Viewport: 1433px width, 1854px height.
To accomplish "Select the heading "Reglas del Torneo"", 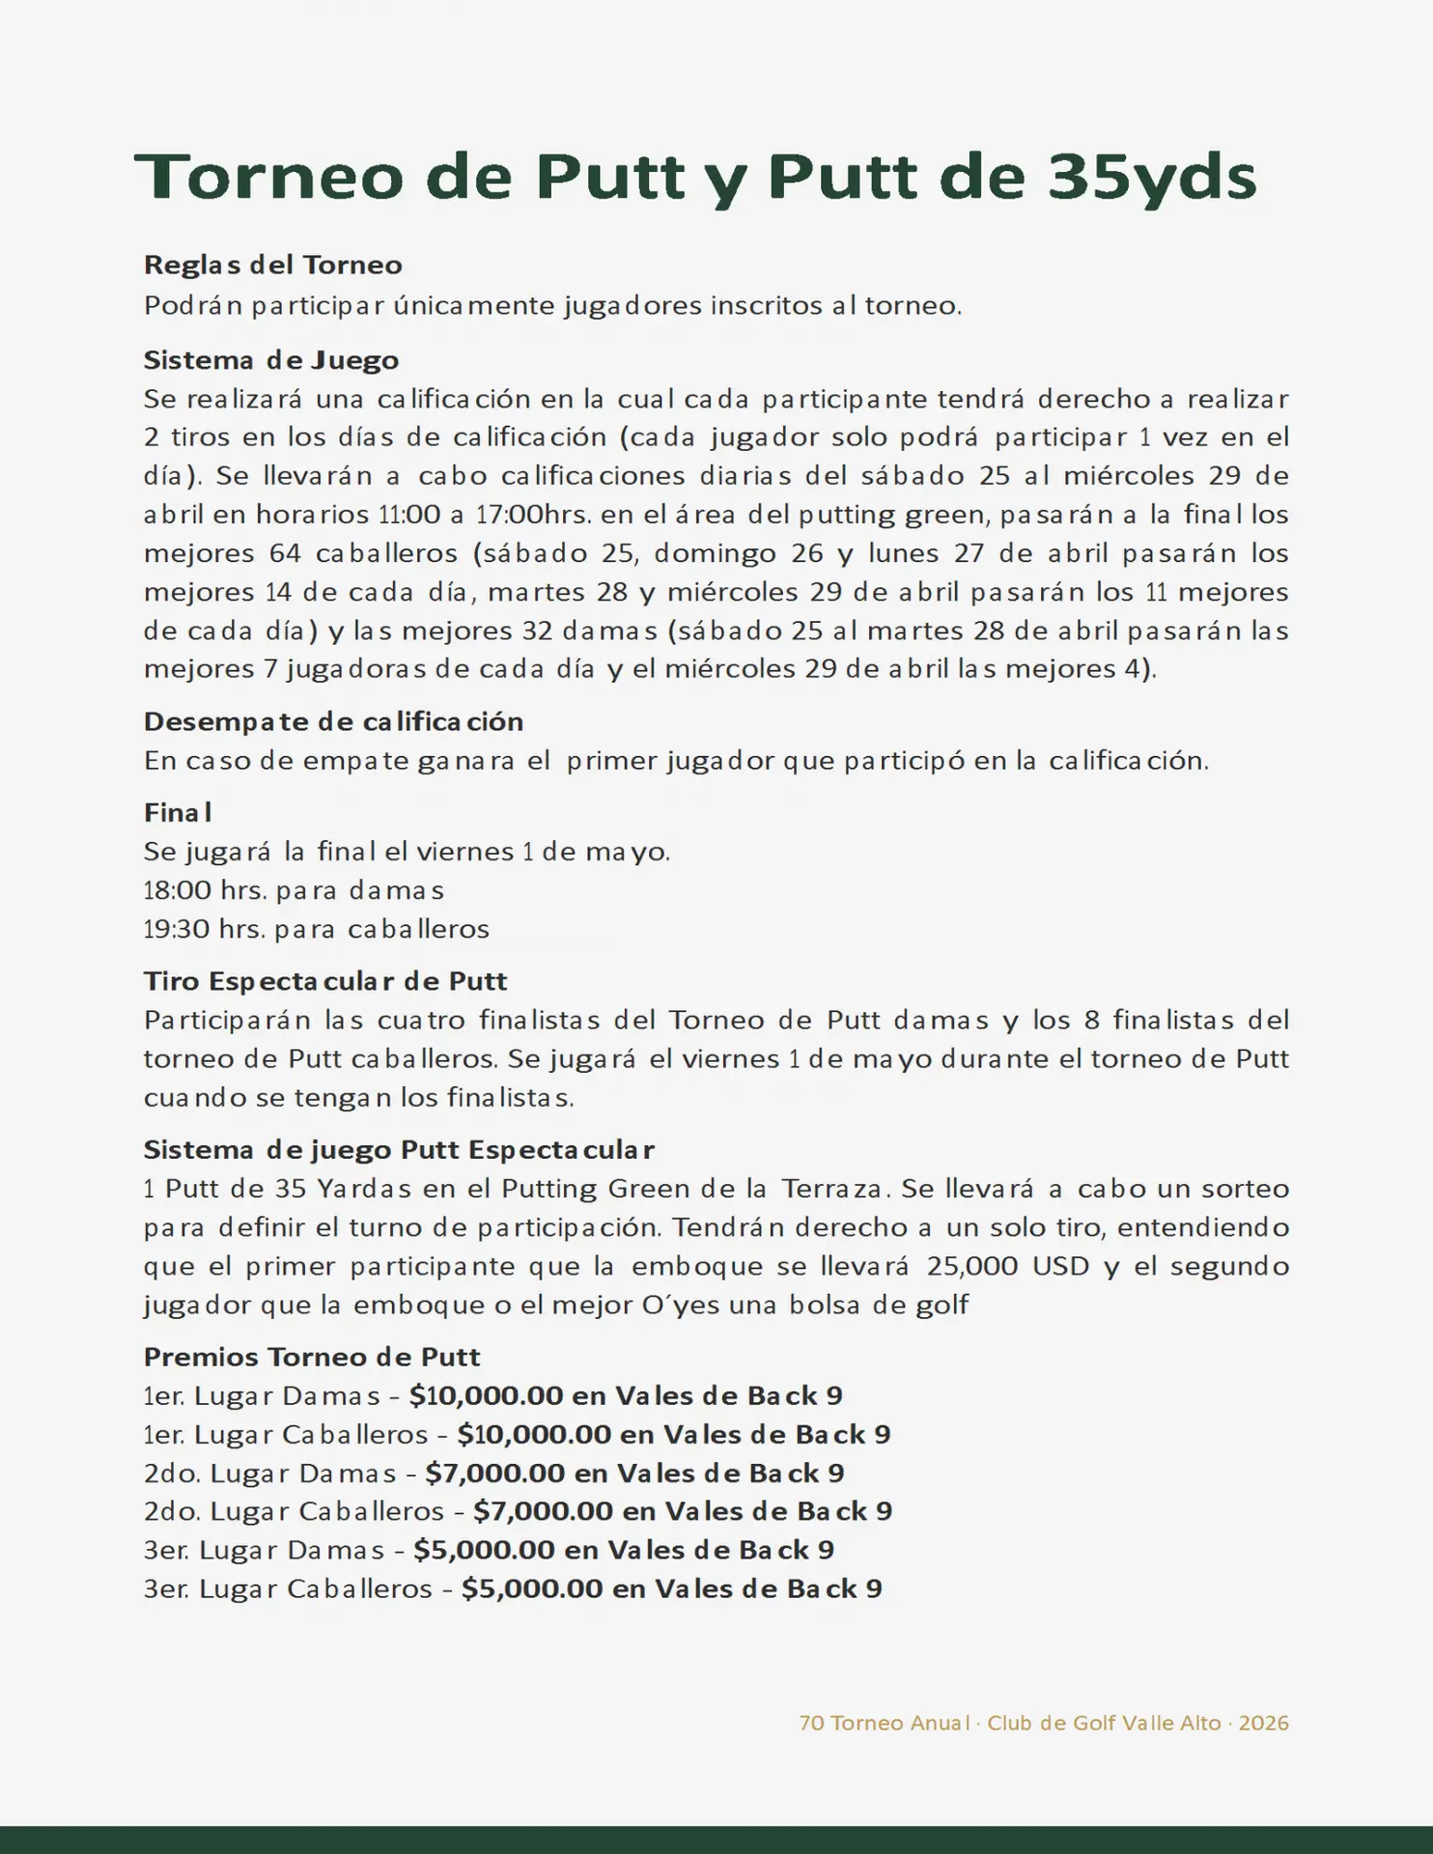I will coord(273,265).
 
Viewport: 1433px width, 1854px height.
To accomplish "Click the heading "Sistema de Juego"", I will coord(271,360).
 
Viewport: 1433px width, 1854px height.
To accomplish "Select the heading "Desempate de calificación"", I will coord(333,721).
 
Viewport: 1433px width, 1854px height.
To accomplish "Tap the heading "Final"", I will coord(178,812).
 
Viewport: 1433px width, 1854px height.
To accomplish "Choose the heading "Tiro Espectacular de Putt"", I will coord(325,981).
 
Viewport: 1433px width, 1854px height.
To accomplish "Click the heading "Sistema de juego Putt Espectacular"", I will coord(399,1149).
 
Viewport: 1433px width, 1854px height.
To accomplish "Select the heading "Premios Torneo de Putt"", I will coord(312,1357).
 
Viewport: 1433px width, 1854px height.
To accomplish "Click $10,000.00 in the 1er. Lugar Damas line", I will coord(486,1395).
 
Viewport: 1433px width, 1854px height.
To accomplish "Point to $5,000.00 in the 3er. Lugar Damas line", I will coord(484,1550).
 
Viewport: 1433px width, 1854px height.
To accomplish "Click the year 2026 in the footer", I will coord(1264,1724).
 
